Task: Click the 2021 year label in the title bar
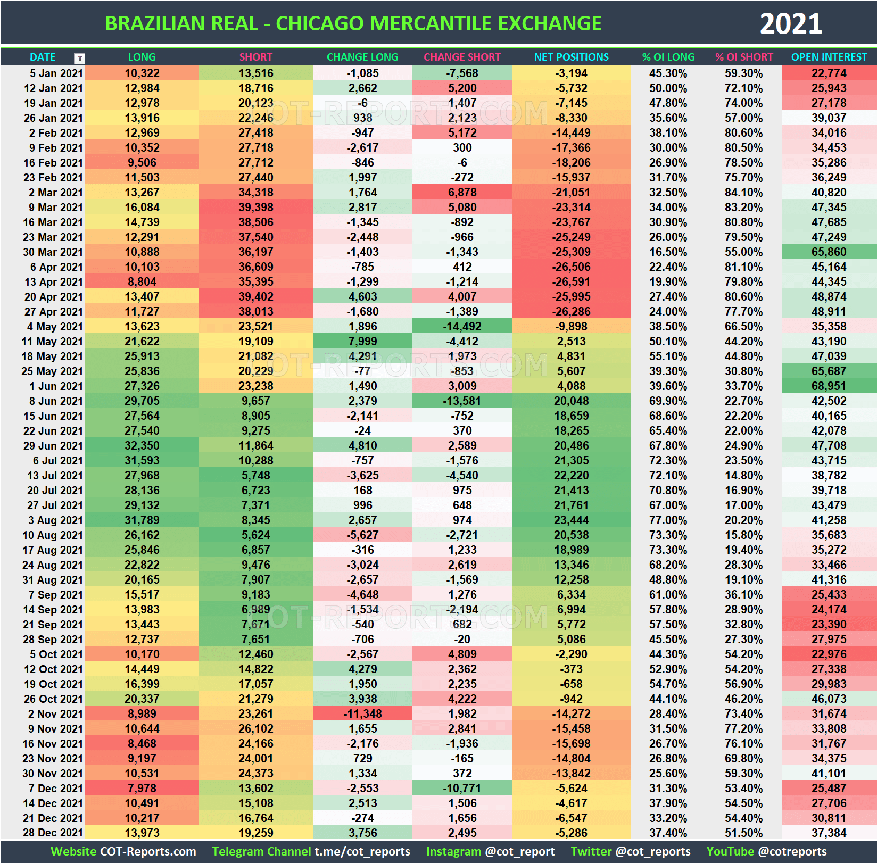tap(791, 24)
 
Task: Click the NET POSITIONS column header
tap(571, 57)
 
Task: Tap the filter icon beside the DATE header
tap(79, 58)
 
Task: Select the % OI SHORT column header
tap(744, 57)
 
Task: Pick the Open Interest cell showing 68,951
tap(829, 386)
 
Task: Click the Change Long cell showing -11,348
tap(362, 714)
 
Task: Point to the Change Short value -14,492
tap(462, 327)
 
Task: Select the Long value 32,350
tap(142, 446)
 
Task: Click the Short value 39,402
tap(255, 297)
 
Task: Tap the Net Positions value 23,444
tap(571, 520)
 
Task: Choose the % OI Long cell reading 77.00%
tap(668, 520)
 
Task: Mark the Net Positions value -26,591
tap(571, 282)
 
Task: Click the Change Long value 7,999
tap(362, 342)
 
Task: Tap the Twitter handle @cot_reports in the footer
tap(652, 852)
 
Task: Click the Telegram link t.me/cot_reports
tap(362, 852)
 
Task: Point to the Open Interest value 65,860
tap(829, 252)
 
